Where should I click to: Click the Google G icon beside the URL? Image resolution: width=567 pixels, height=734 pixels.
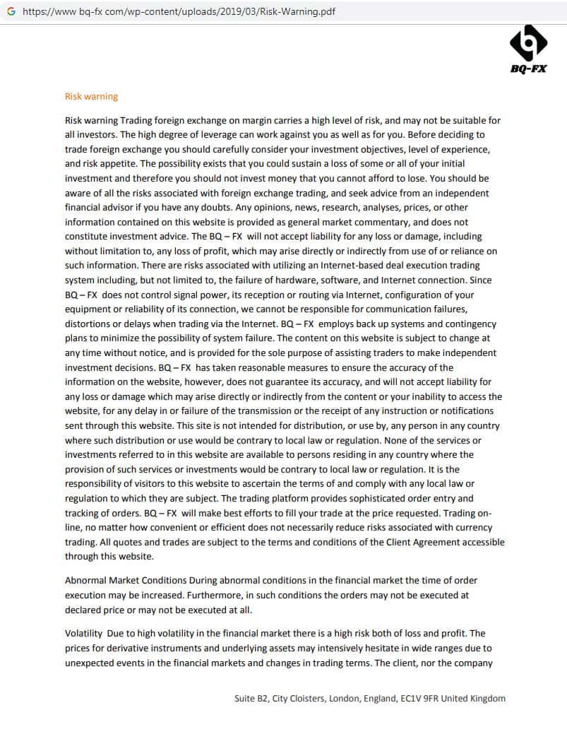click(11, 12)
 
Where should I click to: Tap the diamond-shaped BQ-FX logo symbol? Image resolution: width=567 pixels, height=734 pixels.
click(528, 43)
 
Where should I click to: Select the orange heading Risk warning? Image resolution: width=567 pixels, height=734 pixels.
click(91, 97)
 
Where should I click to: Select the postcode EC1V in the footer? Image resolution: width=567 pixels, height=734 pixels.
click(411, 699)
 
